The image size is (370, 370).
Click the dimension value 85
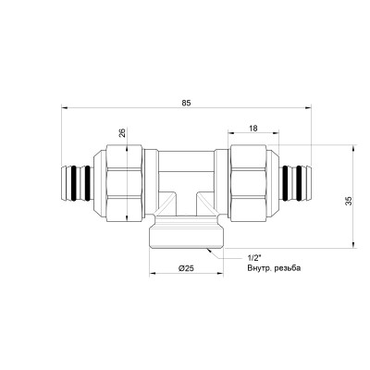[186, 103]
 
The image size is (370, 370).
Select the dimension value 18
[253, 128]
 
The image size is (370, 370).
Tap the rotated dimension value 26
[122, 133]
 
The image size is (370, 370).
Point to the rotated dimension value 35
[348, 202]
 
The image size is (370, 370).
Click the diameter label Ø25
[186, 268]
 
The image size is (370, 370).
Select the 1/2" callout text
[252, 257]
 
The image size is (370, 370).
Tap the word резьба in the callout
[288, 268]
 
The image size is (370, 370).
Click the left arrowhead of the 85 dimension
[65, 107]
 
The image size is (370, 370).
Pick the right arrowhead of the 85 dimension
[308, 107]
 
